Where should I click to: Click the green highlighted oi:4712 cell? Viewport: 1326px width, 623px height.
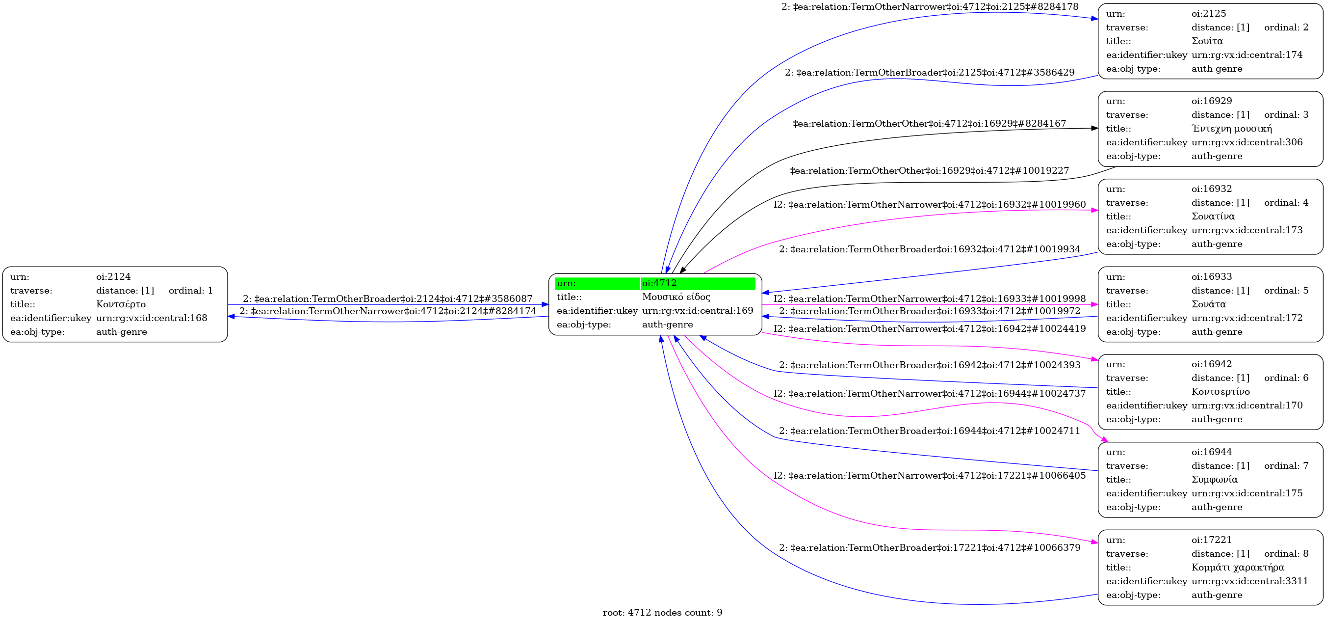click(x=698, y=283)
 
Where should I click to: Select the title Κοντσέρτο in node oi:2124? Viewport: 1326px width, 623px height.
click(x=121, y=304)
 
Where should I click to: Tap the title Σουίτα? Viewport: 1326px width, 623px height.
click(x=1207, y=41)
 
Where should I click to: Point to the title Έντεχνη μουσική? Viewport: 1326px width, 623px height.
click(x=1231, y=128)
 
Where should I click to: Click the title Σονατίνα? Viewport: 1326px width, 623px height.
click(x=1213, y=217)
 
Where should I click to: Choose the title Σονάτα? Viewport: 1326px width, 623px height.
click(x=1209, y=304)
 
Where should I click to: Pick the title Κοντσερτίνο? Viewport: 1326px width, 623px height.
click(x=1221, y=392)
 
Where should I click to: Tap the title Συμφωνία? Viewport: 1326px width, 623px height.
click(x=1214, y=479)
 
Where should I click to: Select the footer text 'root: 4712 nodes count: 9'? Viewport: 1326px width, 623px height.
click(x=662, y=612)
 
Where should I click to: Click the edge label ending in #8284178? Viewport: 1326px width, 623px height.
click(x=930, y=7)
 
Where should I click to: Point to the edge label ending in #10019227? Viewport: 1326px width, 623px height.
click(x=929, y=170)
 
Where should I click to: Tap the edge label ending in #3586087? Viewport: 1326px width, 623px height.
click(x=388, y=298)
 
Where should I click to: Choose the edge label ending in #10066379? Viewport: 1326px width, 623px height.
click(x=930, y=547)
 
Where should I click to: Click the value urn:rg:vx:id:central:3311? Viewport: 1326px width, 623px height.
click(x=1249, y=581)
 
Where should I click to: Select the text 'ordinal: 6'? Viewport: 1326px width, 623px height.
click(x=1286, y=378)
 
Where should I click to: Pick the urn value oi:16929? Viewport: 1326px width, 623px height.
click(x=1212, y=101)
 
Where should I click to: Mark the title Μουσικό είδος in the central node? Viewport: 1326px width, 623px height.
click(x=676, y=297)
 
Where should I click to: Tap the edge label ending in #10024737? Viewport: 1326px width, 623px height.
click(x=930, y=393)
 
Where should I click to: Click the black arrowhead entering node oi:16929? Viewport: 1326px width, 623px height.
click(x=1094, y=128)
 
